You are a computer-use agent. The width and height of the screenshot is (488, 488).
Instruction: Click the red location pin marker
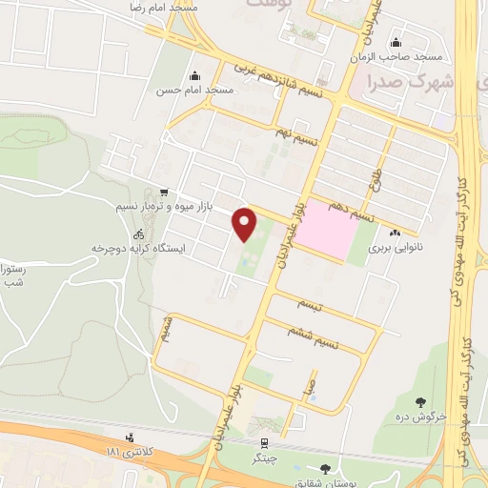pyautogui.click(x=246, y=225)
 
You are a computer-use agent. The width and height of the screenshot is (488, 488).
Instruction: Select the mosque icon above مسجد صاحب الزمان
pyautogui.click(x=396, y=42)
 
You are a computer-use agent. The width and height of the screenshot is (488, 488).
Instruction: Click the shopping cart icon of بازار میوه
pyautogui.click(x=166, y=192)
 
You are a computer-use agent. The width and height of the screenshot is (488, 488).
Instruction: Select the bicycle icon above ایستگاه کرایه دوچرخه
pyautogui.click(x=139, y=234)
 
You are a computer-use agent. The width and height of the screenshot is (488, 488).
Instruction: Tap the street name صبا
pyautogui.click(x=306, y=387)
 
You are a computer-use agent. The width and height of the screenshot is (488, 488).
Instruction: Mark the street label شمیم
pyautogui.click(x=167, y=332)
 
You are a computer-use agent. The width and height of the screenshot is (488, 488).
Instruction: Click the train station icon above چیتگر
pyautogui.click(x=263, y=442)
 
